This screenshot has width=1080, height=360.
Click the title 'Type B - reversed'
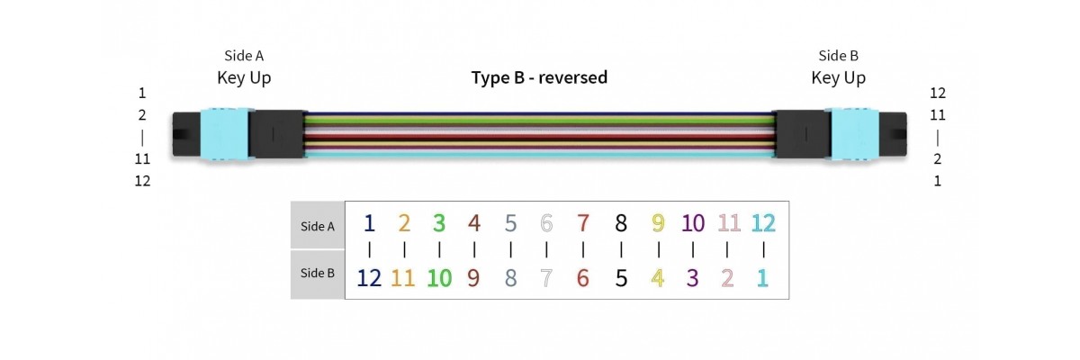(539, 77)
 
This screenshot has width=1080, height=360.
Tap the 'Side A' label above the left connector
(244, 56)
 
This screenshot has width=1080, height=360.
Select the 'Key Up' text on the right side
(838, 78)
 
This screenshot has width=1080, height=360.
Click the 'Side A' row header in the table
(317, 227)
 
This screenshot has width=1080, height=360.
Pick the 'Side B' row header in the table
(317, 273)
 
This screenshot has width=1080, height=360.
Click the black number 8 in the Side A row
(620, 223)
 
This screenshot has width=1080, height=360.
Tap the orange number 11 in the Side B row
(403, 278)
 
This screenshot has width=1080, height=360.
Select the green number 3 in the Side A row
(439, 223)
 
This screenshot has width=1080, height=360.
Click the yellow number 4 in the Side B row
(658, 278)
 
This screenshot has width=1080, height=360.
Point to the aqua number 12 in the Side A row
(763, 223)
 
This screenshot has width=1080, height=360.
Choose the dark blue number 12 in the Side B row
(369, 278)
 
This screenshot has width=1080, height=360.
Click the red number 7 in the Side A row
(583, 223)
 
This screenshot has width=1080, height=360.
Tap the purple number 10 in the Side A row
(693, 223)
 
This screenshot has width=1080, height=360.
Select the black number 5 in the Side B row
(620, 278)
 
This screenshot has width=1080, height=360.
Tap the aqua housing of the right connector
(856, 135)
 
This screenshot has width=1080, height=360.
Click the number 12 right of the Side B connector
(938, 93)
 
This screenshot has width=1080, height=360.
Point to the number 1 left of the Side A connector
(142, 93)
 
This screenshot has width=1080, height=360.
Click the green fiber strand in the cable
(540, 121)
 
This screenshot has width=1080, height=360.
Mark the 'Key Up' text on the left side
(244, 78)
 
